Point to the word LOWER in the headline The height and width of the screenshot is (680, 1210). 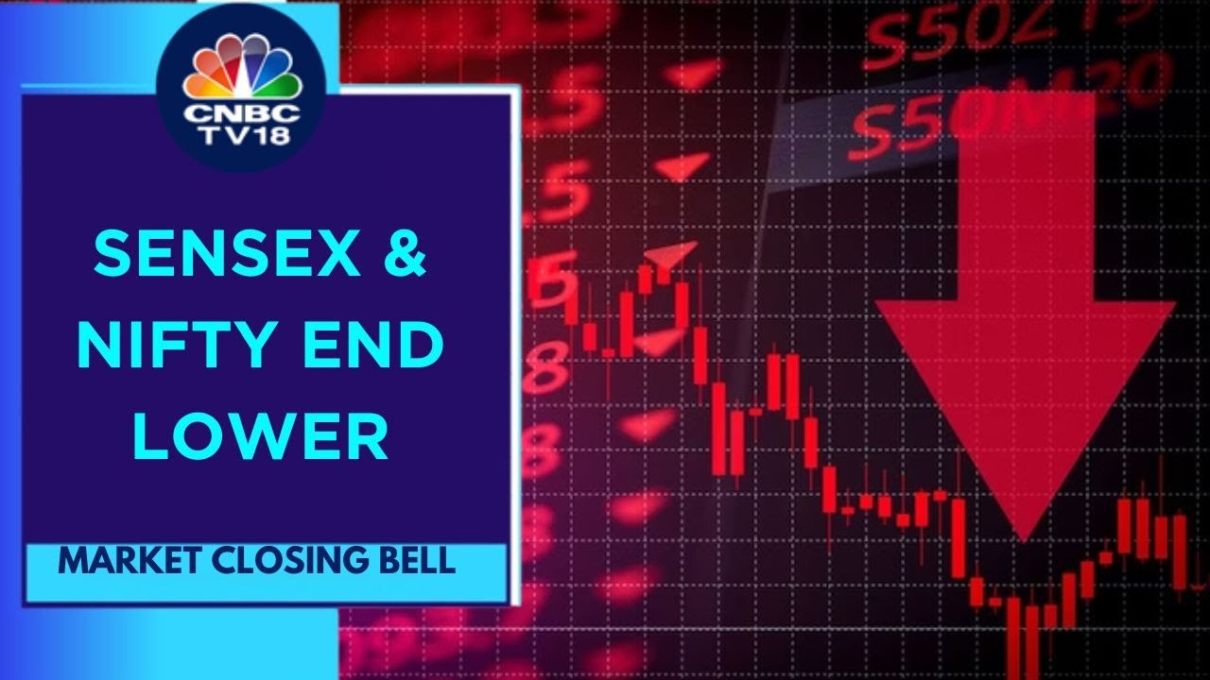260,436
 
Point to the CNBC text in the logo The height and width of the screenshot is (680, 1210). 241,112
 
